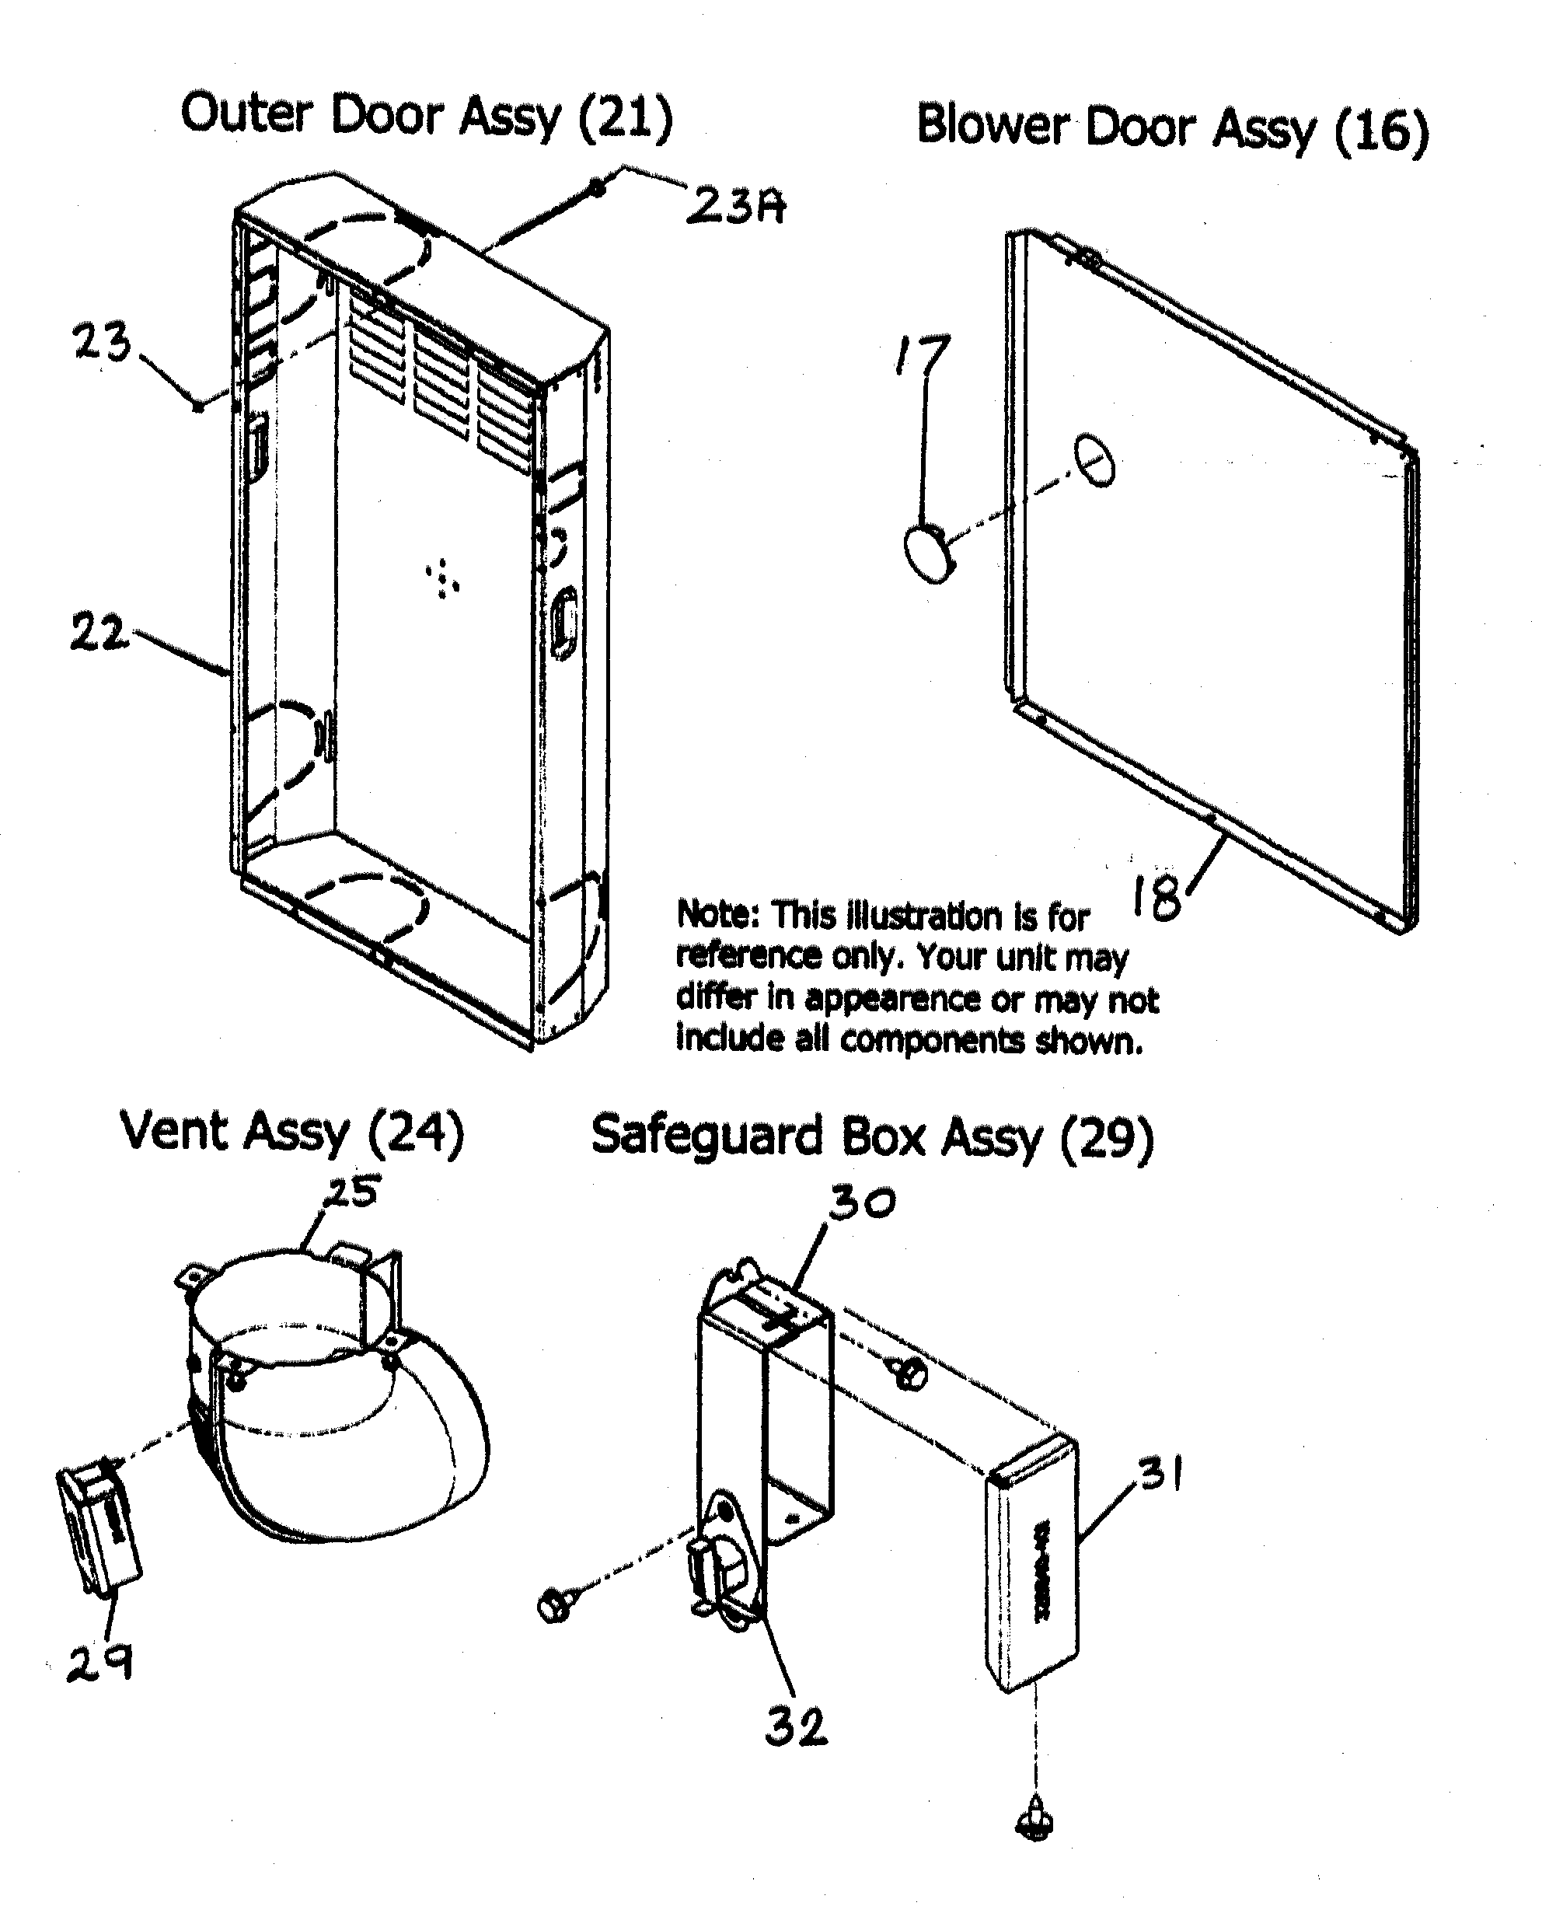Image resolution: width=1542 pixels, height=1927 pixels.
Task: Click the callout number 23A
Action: (734, 207)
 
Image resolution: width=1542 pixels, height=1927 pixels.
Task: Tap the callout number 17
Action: (922, 354)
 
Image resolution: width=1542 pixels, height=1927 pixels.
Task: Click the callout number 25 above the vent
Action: (351, 1192)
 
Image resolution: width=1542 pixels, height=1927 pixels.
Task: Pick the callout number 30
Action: (861, 1203)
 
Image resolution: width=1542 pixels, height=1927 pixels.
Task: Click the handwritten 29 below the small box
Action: (100, 1663)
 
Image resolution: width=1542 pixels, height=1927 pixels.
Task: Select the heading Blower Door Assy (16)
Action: (1172, 127)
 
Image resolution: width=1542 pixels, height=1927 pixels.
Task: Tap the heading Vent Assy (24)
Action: (292, 1133)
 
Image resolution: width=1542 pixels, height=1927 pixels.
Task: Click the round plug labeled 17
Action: (929, 554)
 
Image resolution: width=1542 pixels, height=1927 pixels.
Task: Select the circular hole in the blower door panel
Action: (1095, 462)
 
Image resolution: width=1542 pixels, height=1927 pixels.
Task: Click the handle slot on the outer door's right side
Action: (563, 623)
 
